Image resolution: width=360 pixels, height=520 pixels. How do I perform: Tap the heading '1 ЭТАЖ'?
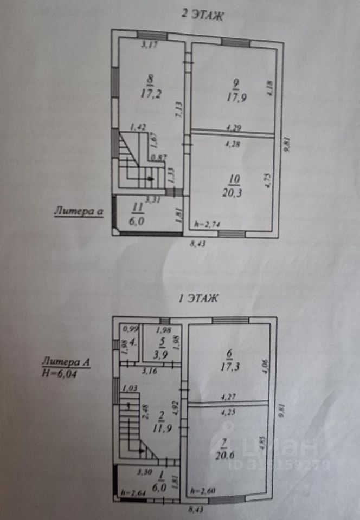tap(198, 297)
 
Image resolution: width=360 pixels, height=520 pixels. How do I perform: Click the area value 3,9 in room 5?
tap(161, 353)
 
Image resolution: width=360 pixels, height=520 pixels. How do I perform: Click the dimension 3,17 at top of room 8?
tap(149, 44)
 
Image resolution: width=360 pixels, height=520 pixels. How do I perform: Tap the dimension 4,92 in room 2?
tap(175, 406)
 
